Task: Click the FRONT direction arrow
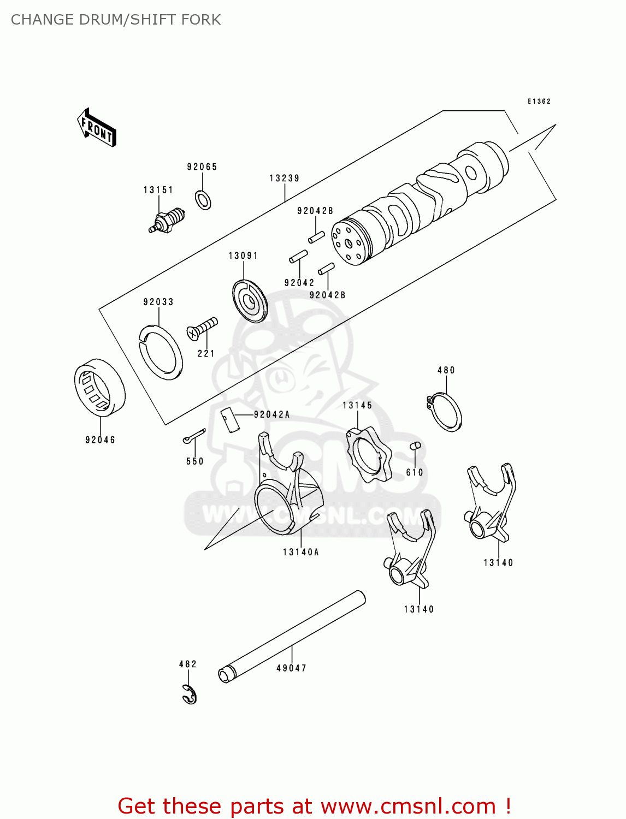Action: (97, 128)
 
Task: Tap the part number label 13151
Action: (158, 190)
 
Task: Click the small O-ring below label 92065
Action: (203, 200)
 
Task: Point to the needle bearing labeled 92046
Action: (99, 388)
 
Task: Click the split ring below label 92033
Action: (160, 352)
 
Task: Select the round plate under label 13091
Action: (250, 301)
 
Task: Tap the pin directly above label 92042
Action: (298, 257)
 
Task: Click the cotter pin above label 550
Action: (194, 436)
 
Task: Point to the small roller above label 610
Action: (415, 446)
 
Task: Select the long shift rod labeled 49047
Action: (292, 637)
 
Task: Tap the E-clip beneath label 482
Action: (190, 694)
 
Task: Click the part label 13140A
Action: (301, 552)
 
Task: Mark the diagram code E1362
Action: (539, 102)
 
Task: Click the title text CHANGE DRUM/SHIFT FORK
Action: (116, 20)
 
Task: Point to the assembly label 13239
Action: (284, 178)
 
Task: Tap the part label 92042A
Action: (271, 414)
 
